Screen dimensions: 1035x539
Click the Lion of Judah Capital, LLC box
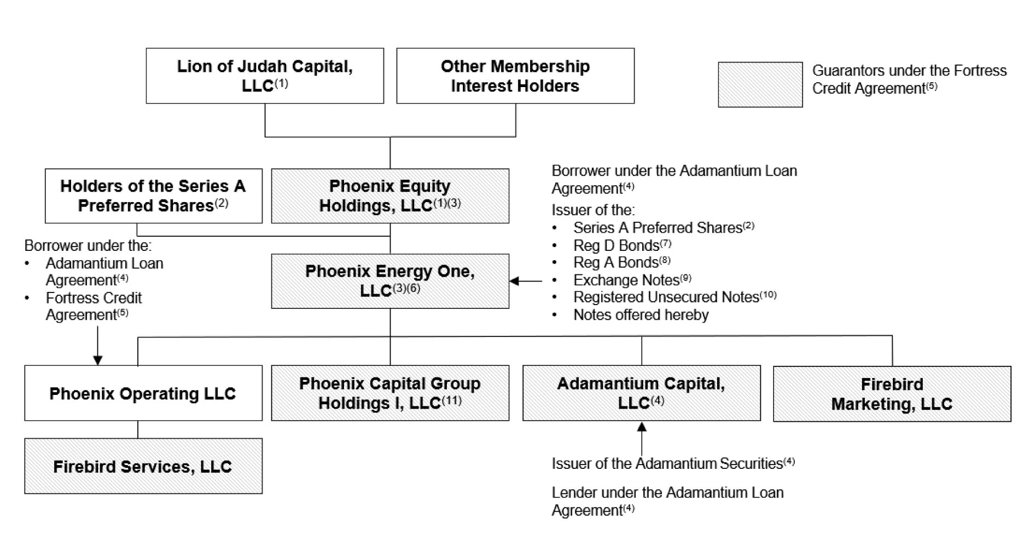pyautogui.click(x=265, y=76)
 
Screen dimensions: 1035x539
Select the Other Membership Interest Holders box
pyautogui.click(x=515, y=76)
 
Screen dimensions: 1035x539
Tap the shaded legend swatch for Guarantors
pyautogui.click(x=760, y=84)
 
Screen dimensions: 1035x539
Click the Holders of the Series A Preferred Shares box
pyautogui.click(x=154, y=196)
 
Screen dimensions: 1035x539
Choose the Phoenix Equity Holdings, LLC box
pyautogui.click(x=390, y=196)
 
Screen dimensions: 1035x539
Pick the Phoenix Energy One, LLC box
pyautogui.click(x=390, y=281)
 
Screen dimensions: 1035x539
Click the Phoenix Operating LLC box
pyautogui.click(x=143, y=393)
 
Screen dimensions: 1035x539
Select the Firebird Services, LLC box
pyautogui.click(x=143, y=466)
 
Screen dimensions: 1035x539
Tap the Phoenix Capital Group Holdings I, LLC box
pyautogui.click(x=390, y=393)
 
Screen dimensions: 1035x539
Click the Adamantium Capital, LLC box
pyautogui.click(x=642, y=393)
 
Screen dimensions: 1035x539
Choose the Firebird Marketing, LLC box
pyautogui.click(x=892, y=394)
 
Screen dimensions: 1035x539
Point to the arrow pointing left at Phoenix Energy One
pyautogui.click(x=526, y=281)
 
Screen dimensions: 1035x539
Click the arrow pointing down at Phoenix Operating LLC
pyautogui.click(x=98, y=346)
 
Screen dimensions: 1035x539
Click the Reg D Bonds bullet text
pyautogui.click(x=622, y=245)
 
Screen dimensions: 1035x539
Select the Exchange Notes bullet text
pyautogui.click(x=632, y=280)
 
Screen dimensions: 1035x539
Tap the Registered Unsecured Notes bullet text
pyautogui.click(x=675, y=297)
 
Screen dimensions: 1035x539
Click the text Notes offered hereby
pyautogui.click(x=641, y=315)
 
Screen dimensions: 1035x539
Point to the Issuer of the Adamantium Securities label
pyautogui.click(x=673, y=463)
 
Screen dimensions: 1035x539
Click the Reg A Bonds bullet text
pyautogui.click(x=622, y=262)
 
